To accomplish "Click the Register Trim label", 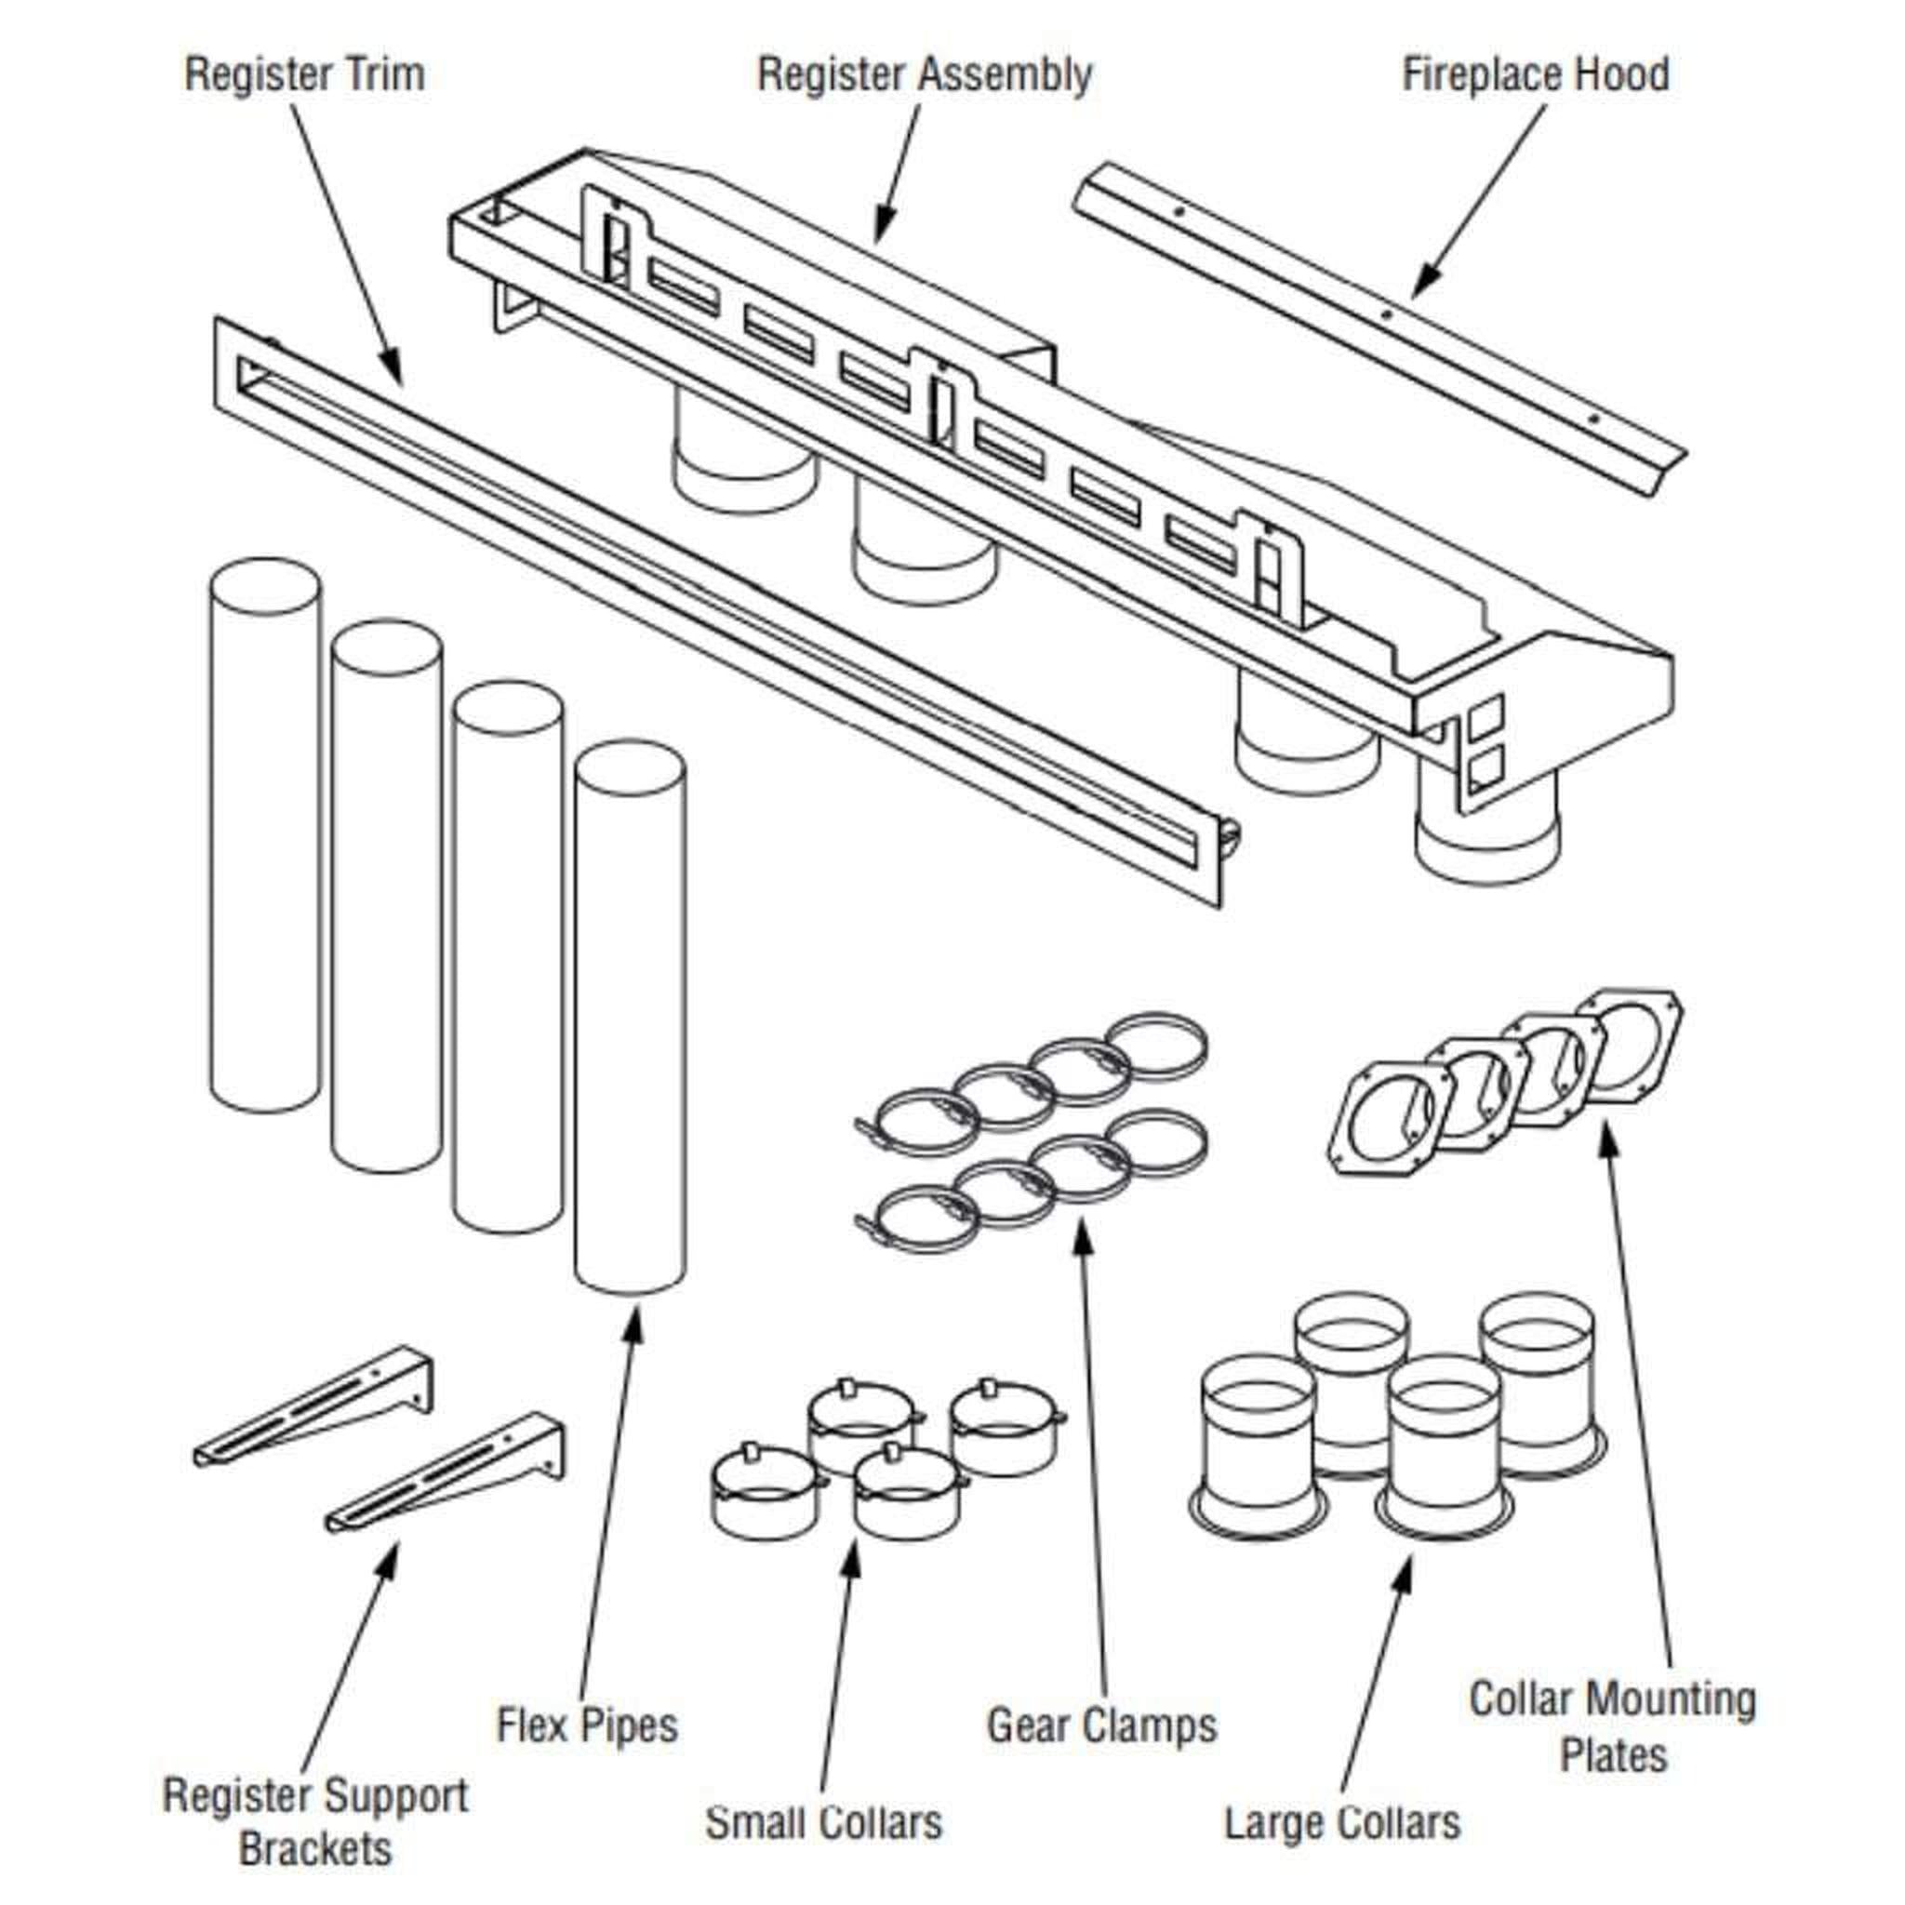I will coord(305,75).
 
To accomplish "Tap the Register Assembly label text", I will coord(924,75).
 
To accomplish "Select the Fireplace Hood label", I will coord(1535,75).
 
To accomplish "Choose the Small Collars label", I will coord(823,1821).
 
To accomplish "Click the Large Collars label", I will coord(1342,1821).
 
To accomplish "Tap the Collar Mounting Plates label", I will coord(1613,1725).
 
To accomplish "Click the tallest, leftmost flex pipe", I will coord(265,838).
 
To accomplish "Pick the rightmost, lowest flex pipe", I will coord(630,1020).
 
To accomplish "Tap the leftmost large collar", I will coord(1258,1448).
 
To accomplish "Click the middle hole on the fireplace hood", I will coord(1385,314).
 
